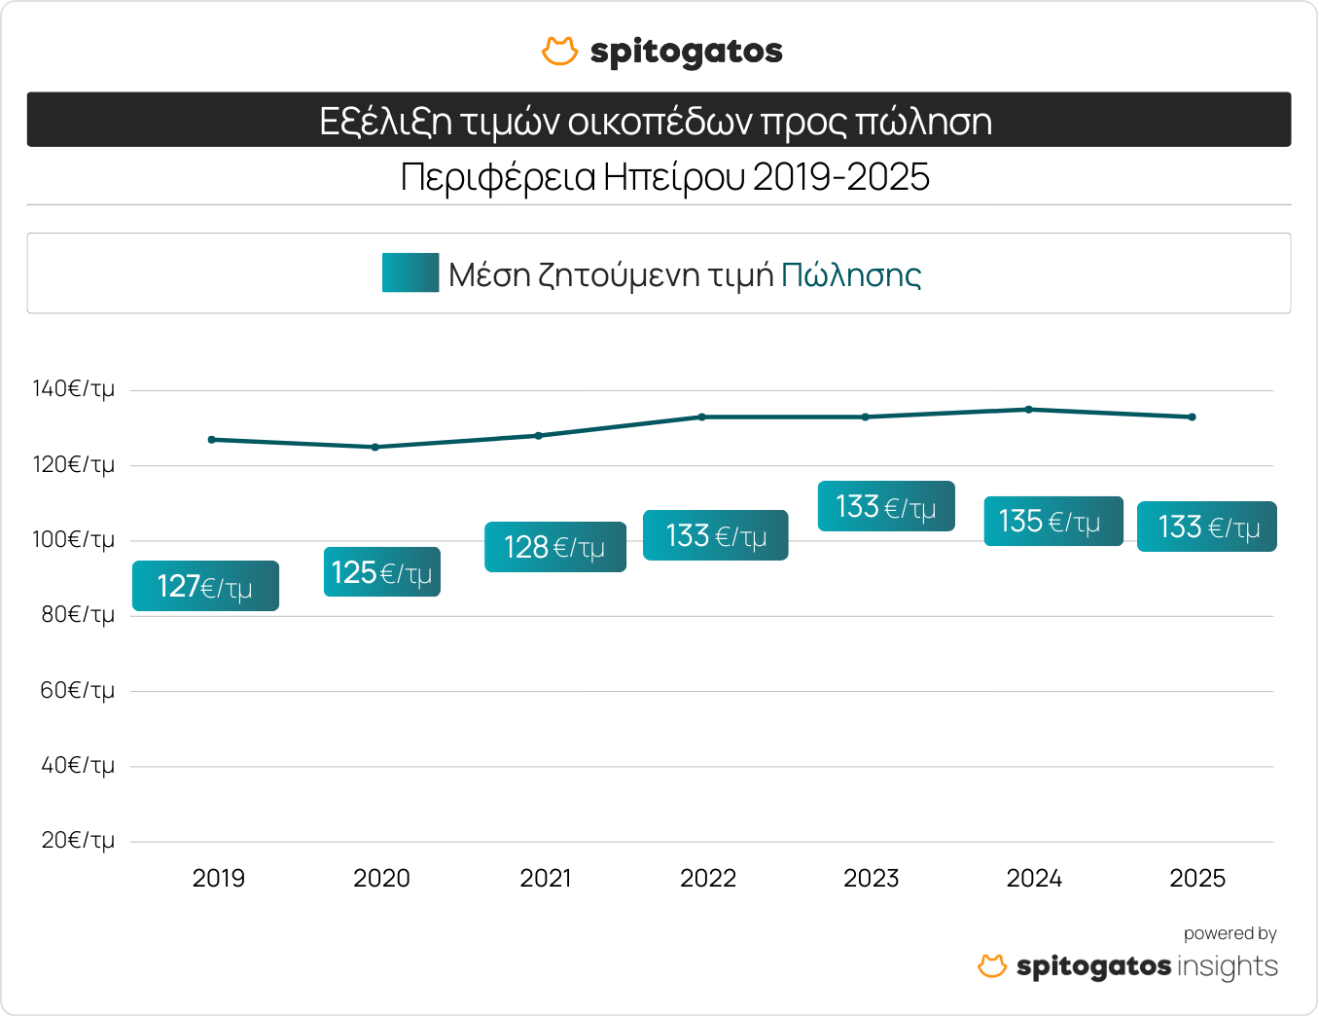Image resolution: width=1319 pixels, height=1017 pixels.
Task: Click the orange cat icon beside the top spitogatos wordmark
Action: click(559, 52)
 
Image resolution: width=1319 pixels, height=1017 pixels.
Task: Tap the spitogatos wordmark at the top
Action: click(686, 52)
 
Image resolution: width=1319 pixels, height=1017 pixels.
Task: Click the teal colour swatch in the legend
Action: click(410, 273)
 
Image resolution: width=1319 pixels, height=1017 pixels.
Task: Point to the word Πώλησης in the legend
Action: click(850, 275)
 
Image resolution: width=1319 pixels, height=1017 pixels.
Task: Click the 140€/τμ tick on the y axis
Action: click(73, 389)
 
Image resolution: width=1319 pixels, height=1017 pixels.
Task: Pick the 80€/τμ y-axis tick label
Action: click(77, 615)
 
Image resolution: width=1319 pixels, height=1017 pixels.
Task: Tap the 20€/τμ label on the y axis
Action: click(77, 841)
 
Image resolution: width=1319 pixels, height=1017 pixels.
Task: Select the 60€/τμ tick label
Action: click(77, 691)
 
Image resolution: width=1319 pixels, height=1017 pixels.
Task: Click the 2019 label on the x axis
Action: click(219, 879)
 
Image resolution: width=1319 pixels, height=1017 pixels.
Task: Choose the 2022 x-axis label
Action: click(708, 879)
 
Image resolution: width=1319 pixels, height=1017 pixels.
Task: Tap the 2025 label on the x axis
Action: click(1197, 879)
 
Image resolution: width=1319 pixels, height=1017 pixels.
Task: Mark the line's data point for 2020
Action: click(375, 447)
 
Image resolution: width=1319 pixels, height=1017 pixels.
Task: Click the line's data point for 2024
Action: click(1029, 410)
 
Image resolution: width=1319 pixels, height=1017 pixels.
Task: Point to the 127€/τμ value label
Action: click(205, 586)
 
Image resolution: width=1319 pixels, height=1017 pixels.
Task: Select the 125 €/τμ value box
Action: click(381, 572)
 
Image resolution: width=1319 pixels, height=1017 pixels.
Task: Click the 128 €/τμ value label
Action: click(554, 547)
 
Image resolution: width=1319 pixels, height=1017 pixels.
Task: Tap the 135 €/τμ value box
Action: click(1052, 522)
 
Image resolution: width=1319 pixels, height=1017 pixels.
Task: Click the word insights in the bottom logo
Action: click(1228, 966)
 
